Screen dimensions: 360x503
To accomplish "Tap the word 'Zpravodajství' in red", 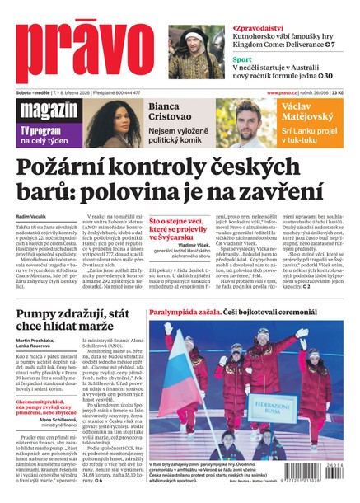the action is click(x=264, y=27).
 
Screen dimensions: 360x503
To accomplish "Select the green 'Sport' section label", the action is click(x=241, y=60).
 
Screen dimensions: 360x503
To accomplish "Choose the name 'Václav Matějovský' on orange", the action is click(x=308, y=112).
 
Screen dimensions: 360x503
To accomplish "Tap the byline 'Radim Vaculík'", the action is click(x=31, y=217).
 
